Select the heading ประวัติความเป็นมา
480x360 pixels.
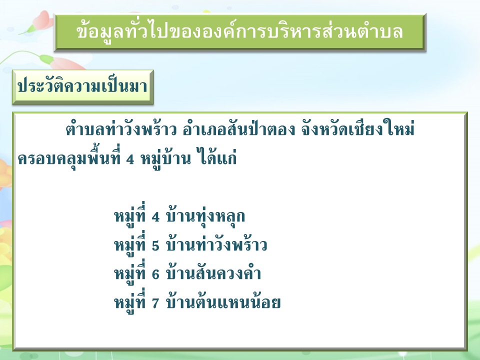(82, 86)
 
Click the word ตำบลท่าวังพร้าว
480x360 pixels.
(121, 129)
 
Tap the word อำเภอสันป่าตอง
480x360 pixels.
(239, 129)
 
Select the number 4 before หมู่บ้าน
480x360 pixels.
(130, 159)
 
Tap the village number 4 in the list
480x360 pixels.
(155, 216)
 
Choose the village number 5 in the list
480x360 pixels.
(155, 245)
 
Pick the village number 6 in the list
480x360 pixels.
(155, 274)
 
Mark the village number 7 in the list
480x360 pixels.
(155, 303)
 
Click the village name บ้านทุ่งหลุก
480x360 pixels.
(205, 216)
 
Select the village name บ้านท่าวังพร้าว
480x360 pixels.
(216, 244)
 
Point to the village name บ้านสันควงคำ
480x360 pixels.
(213, 273)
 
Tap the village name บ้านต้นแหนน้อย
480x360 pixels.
(223, 301)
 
